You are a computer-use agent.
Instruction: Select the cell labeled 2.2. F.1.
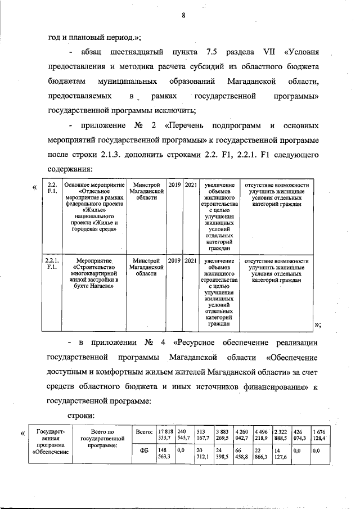click(x=52, y=188)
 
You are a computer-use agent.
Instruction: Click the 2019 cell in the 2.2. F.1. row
click(x=174, y=184)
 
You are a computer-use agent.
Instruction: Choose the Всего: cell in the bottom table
click(x=145, y=431)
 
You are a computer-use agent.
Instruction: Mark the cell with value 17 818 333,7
click(x=165, y=435)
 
